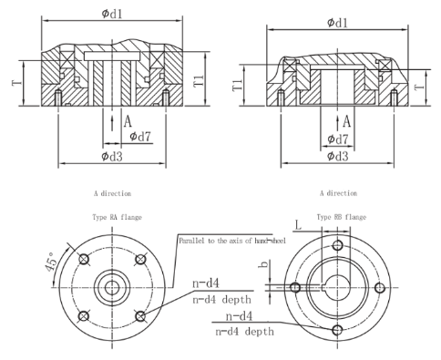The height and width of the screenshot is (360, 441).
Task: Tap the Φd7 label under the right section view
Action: [x=338, y=139]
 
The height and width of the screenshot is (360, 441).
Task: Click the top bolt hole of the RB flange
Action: [x=337, y=246]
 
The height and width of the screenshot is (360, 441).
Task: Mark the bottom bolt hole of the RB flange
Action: [x=337, y=329]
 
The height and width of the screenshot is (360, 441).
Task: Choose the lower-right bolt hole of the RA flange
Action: [x=140, y=316]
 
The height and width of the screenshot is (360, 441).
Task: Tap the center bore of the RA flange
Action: [x=111, y=287]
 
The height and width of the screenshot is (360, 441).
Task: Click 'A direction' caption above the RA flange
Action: [x=111, y=194]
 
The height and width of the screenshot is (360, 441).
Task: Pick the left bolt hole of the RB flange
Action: [x=295, y=287]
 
